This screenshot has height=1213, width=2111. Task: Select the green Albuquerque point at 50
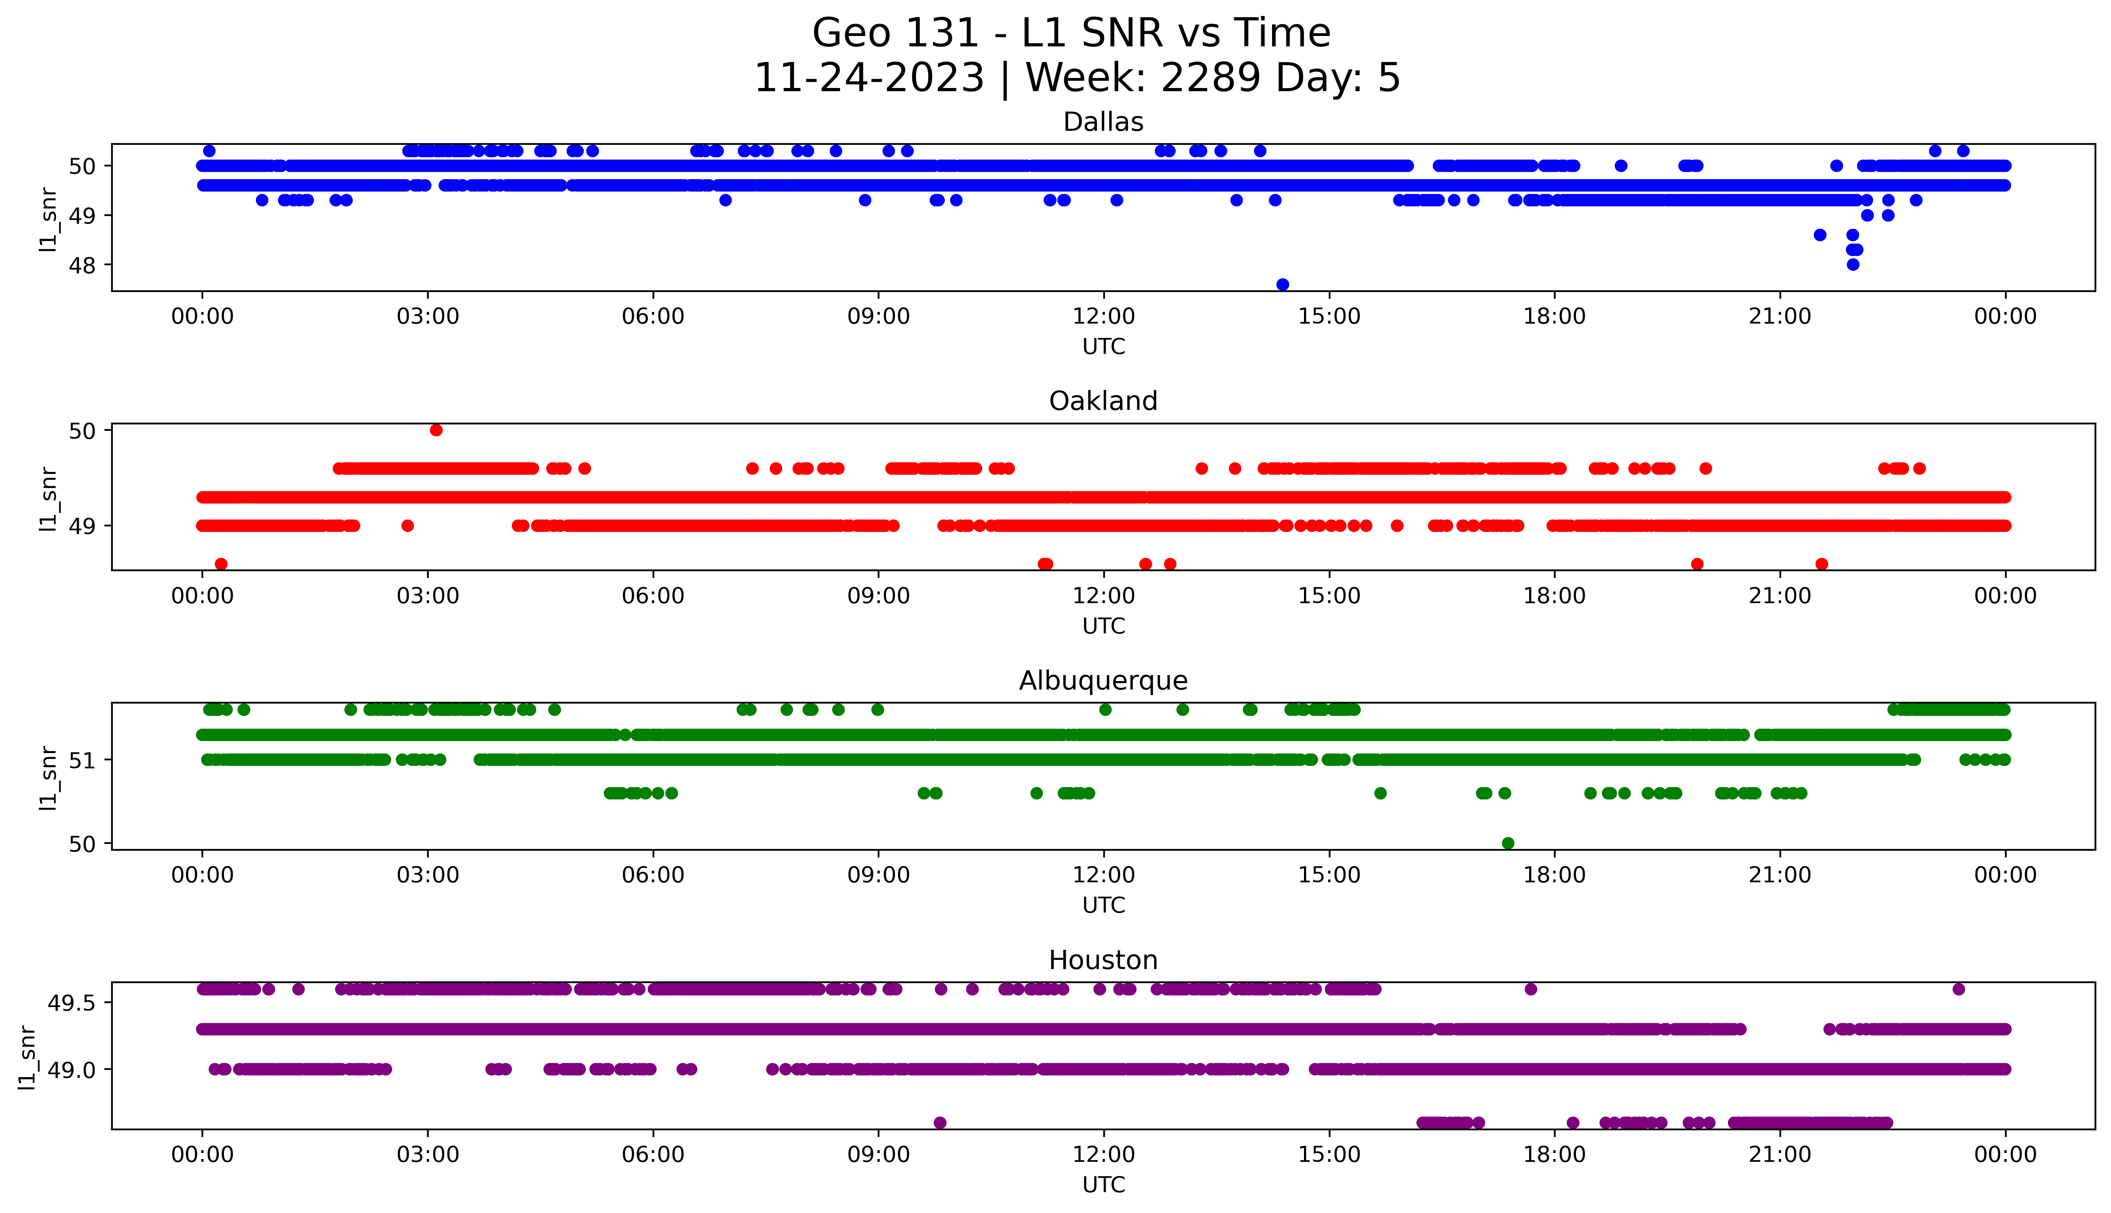tap(1507, 843)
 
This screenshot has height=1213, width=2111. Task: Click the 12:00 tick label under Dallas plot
tap(1103, 317)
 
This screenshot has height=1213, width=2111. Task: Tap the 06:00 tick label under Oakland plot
tap(653, 596)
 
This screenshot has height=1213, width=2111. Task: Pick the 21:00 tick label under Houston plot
tap(1779, 1155)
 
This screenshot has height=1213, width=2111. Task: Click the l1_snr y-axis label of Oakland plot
tap(48, 498)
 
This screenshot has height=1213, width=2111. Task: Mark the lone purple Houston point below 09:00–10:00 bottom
tap(940, 1122)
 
